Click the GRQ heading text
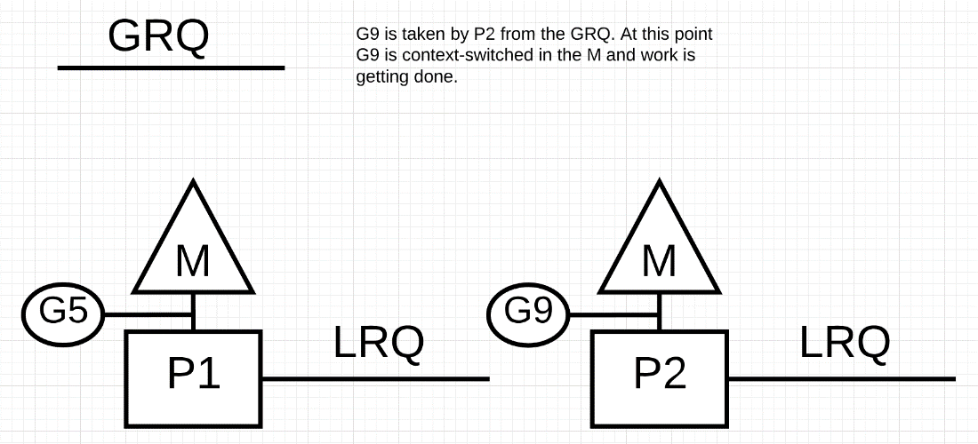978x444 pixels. pyautogui.click(x=159, y=36)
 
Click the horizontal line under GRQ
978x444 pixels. pyautogui.click(x=171, y=67)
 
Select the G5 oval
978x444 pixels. pyautogui.click(x=63, y=313)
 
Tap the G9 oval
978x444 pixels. pyautogui.click(x=528, y=313)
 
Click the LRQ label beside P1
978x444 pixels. pyautogui.click(x=380, y=342)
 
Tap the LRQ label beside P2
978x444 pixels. pyautogui.click(x=846, y=342)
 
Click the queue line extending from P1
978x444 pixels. pyautogui.click(x=376, y=378)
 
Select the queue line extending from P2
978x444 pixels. pyautogui.click(x=842, y=378)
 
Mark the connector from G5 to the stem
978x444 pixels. pyautogui.click(x=148, y=314)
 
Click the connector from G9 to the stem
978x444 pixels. pyautogui.click(x=613, y=314)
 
